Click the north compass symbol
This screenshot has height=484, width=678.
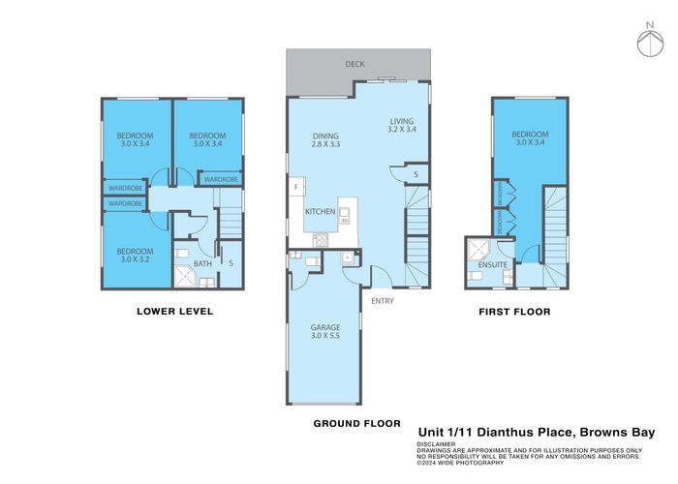(648, 42)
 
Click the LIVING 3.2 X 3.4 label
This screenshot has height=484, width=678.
(401, 125)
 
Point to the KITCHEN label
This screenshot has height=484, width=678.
(321, 211)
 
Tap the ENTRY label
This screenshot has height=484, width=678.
(382, 301)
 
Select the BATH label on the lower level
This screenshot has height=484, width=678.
(202, 262)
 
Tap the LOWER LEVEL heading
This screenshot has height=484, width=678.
(174, 312)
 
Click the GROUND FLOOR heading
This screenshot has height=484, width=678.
(357, 423)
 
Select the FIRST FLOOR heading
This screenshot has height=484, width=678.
(514, 312)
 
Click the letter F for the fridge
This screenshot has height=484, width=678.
(296, 186)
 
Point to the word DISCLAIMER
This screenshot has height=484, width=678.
(440, 443)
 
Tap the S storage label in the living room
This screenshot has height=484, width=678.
(415, 174)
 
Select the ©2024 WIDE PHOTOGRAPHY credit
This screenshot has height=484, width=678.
(460, 462)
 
